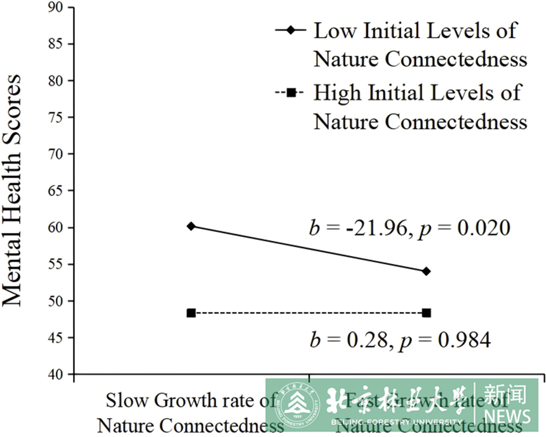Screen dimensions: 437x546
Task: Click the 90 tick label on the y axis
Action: point(55,8)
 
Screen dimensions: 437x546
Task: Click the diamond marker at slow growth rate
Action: point(191,226)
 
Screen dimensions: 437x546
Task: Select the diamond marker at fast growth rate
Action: point(427,271)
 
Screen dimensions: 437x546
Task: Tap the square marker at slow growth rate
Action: point(191,313)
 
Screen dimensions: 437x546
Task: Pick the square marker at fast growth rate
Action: point(427,313)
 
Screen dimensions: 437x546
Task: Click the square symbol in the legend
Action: point(291,93)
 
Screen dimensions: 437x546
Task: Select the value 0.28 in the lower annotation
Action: point(367,340)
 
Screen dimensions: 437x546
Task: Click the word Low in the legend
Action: point(334,31)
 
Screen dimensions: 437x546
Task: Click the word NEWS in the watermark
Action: point(507,417)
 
